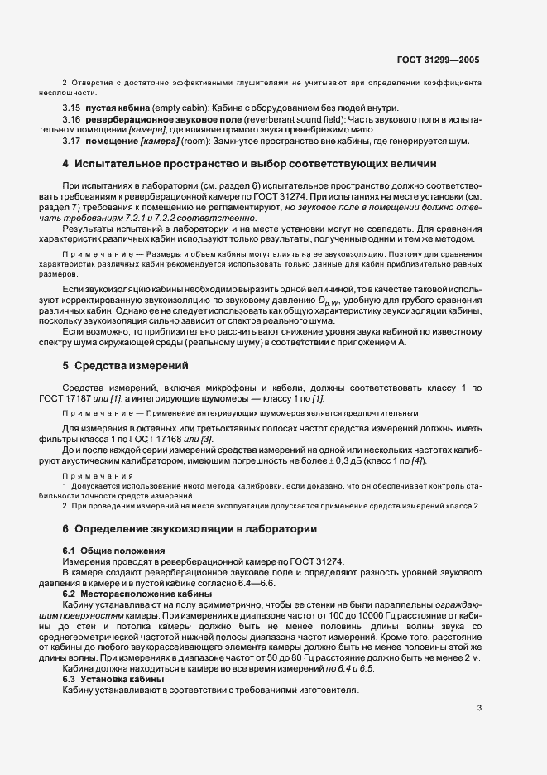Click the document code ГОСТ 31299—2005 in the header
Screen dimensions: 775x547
tap(439, 60)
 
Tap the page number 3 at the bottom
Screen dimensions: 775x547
tap(478, 708)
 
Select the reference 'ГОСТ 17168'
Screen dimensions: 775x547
tap(185, 438)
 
